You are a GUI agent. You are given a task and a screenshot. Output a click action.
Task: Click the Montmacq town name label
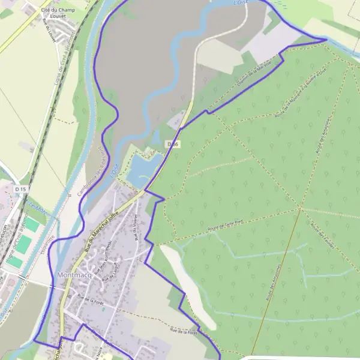pyautogui.click(x=74, y=275)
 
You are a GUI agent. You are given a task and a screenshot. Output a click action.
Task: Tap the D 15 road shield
pyautogui.click(x=21, y=190)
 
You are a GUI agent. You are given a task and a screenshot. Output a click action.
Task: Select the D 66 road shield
pyautogui.click(x=173, y=144)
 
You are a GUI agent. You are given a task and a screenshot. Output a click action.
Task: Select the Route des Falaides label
pyautogui.click(x=322, y=235)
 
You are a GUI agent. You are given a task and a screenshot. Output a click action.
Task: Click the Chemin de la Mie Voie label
pyautogui.click(x=254, y=77)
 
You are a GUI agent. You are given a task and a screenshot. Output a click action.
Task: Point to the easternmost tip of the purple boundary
pyautogui.click(x=327, y=40)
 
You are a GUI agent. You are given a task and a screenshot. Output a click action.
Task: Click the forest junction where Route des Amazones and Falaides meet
pyautogui.click(x=301, y=209)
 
